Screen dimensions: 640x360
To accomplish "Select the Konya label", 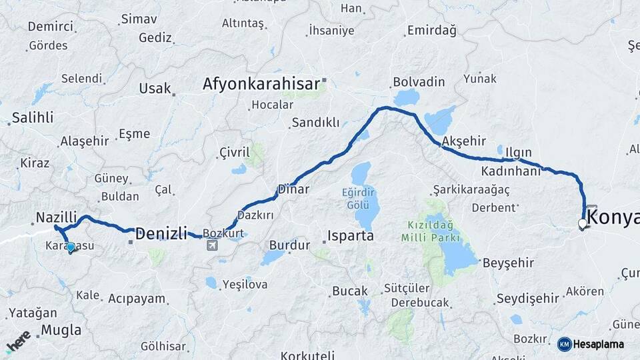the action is pos(614,217).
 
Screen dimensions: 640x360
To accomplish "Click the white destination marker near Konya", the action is pos(583,223).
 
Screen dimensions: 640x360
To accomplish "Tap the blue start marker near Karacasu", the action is pos(71,247).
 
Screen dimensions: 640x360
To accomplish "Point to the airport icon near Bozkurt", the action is pos(212,246).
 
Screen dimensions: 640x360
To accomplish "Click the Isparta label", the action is pos(350,236).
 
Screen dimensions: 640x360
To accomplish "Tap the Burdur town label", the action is pos(289,245).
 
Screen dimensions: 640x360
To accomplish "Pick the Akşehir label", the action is pos(463,141).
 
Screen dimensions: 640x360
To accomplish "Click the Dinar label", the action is pos(293,189).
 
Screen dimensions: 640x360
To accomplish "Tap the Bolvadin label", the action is pos(419,82).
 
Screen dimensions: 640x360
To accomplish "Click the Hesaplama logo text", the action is pos(599,344).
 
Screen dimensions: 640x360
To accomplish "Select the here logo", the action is pos(19,340).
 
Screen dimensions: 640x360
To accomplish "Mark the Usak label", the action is pos(155,89).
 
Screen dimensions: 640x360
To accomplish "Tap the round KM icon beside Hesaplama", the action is pos(564,344).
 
